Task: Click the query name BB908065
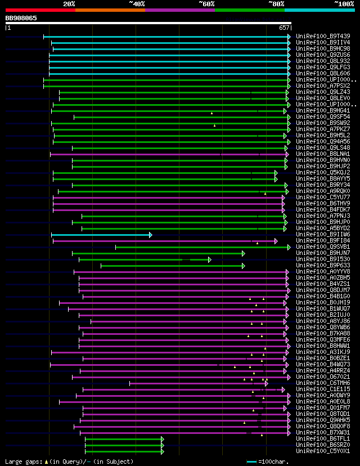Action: tap(21, 18)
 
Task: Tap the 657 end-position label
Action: tap(284, 28)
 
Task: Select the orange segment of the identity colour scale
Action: tap(110, 10)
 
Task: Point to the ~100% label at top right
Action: tap(344, 3)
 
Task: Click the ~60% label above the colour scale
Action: tap(206, 3)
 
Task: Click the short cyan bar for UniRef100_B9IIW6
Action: tap(101, 235)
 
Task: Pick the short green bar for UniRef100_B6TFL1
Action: tap(124, 438)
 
